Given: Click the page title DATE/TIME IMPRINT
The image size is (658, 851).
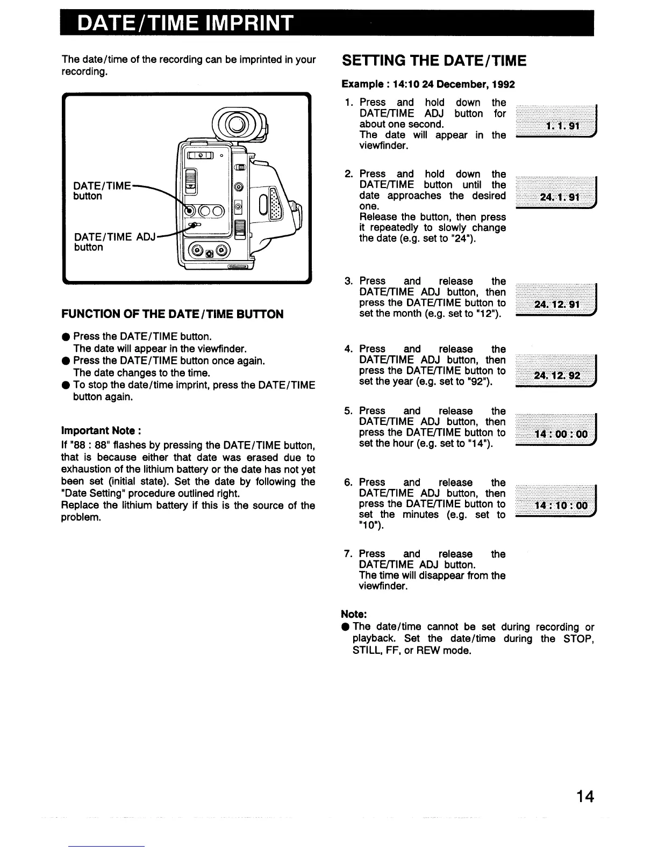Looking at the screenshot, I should [186, 24].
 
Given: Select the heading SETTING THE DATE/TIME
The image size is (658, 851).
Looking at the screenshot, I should [434, 61].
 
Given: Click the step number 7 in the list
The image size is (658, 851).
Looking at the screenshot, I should [348, 554].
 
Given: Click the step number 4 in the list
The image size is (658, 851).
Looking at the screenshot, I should [348, 349].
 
